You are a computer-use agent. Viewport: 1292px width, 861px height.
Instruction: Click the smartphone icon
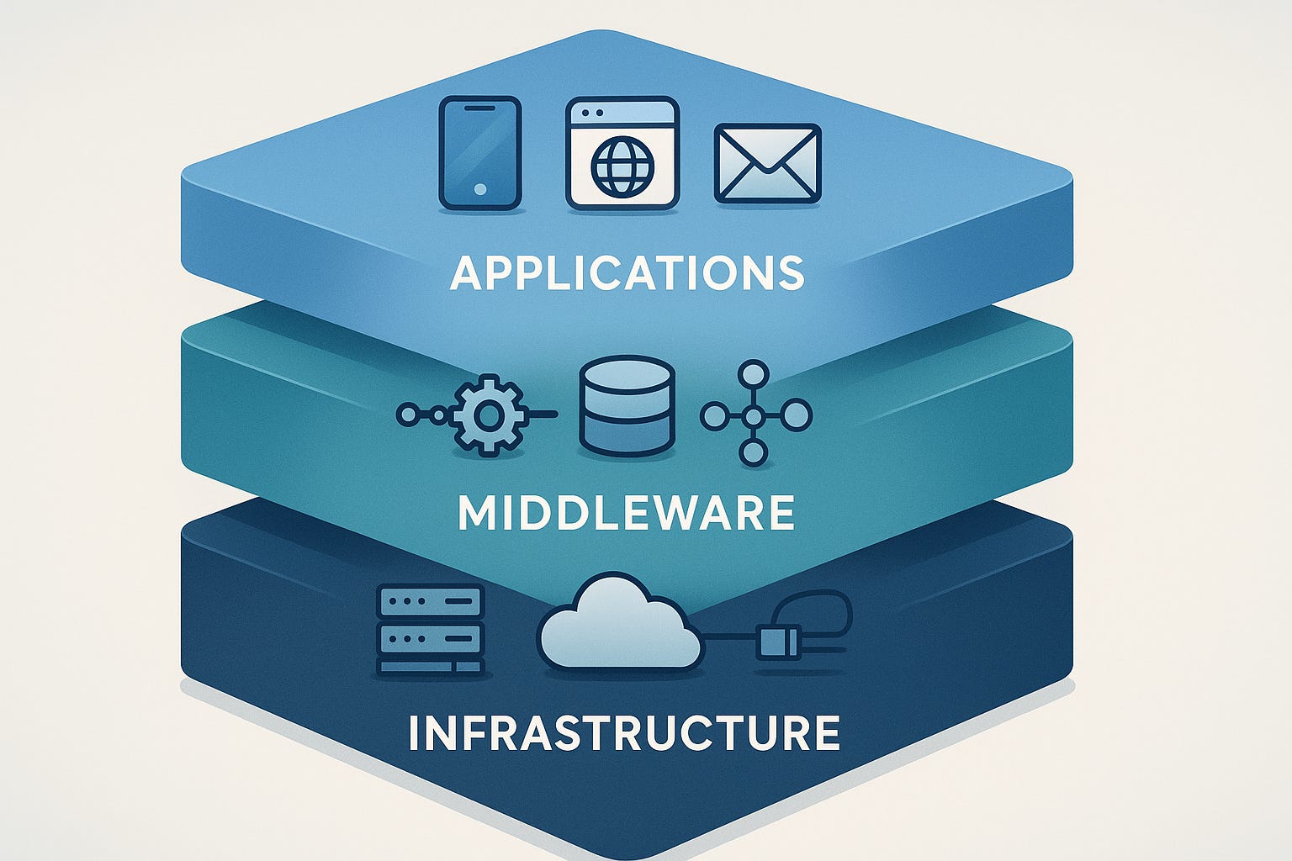(x=480, y=152)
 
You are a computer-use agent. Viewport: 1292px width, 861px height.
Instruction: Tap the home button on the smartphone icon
(x=480, y=189)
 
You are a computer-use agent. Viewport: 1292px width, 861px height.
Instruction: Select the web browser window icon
(x=622, y=152)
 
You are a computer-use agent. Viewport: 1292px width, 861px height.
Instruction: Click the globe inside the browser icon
(x=622, y=166)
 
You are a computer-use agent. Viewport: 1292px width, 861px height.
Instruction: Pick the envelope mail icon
(x=767, y=164)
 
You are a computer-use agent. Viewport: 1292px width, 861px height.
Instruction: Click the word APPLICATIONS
(x=627, y=273)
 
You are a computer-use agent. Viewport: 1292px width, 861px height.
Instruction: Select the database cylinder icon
(x=627, y=407)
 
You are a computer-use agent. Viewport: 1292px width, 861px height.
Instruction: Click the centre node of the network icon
(x=753, y=415)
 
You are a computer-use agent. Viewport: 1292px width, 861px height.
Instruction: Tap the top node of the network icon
(x=753, y=373)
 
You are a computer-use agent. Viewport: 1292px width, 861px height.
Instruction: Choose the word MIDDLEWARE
(x=627, y=513)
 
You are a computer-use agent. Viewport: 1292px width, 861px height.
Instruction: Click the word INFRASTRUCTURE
(x=624, y=733)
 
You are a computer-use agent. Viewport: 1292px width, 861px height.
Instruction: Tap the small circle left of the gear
(x=408, y=414)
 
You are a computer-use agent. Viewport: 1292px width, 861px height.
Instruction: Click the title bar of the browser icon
(x=622, y=112)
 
